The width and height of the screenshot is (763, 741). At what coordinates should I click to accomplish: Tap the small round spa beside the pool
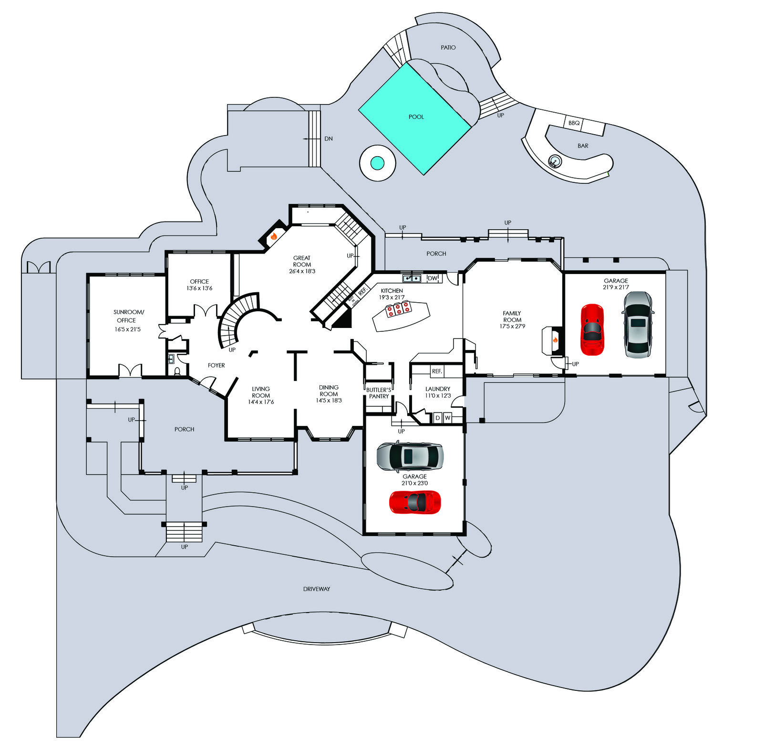(377, 163)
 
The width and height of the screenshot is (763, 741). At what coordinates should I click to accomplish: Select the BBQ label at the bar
(574, 123)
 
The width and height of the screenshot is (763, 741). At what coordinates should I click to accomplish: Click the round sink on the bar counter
(555, 161)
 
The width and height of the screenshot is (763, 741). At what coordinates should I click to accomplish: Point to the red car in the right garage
(592, 329)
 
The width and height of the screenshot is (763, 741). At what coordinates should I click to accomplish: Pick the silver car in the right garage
(638, 325)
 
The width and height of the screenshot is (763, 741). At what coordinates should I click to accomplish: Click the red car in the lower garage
(414, 502)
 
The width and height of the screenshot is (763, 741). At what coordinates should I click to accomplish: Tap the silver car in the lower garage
(410, 456)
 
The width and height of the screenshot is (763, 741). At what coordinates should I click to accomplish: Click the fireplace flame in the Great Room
(274, 236)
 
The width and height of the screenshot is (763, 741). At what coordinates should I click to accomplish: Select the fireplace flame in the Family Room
(555, 340)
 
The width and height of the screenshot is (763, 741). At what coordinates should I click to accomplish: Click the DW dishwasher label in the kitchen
(432, 278)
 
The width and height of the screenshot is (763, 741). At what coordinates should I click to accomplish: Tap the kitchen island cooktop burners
(398, 309)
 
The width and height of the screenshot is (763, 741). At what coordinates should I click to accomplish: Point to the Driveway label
(316, 589)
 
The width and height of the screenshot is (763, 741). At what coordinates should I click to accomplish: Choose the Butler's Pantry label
(379, 393)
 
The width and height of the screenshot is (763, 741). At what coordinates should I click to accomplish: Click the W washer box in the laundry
(447, 418)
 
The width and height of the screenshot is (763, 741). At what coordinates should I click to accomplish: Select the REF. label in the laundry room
(437, 371)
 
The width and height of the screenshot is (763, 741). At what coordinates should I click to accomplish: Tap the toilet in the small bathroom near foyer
(177, 371)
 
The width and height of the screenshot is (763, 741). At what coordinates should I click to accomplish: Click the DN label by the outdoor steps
(329, 139)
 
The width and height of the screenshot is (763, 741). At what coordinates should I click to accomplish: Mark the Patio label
(448, 48)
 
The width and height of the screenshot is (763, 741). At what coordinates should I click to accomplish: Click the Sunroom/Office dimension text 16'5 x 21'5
(127, 329)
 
